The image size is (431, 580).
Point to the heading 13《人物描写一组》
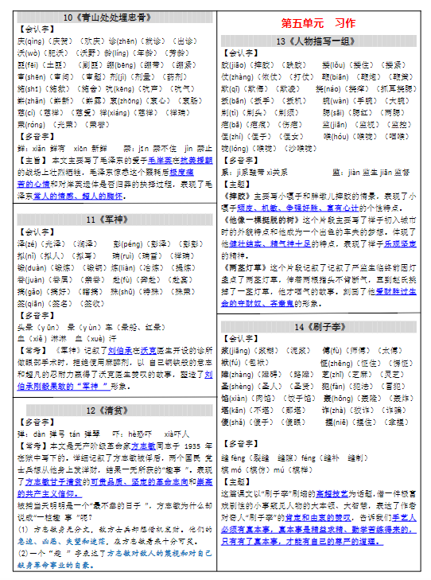(323, 41)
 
